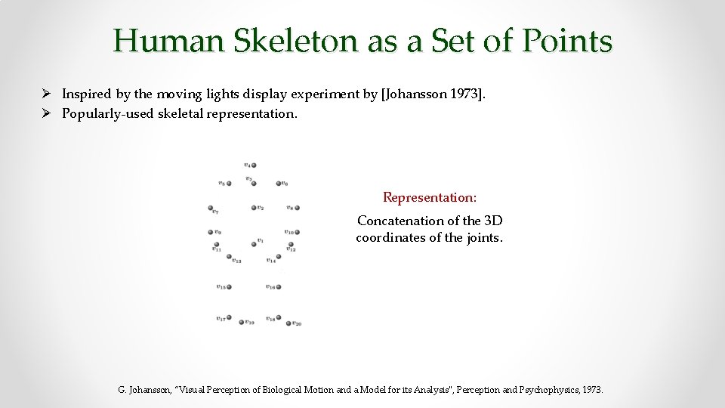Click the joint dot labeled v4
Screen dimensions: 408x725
[x=255, y=165]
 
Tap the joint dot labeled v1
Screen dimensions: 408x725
[x=254, y=244]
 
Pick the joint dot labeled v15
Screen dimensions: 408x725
[x=228, y=287]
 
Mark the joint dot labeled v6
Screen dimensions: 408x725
[x=278, y=183]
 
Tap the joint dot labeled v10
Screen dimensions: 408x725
[x=295, y=232]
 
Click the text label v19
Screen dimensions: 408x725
[x=250, y=323]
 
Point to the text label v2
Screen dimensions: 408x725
[x=260, y=208]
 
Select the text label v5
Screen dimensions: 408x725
[x=221, y=182]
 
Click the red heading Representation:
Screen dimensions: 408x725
[x=430, y=197]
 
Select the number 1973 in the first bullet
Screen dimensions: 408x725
[x=460, y=94]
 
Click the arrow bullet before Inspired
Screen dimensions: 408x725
[x=46, y=94]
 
